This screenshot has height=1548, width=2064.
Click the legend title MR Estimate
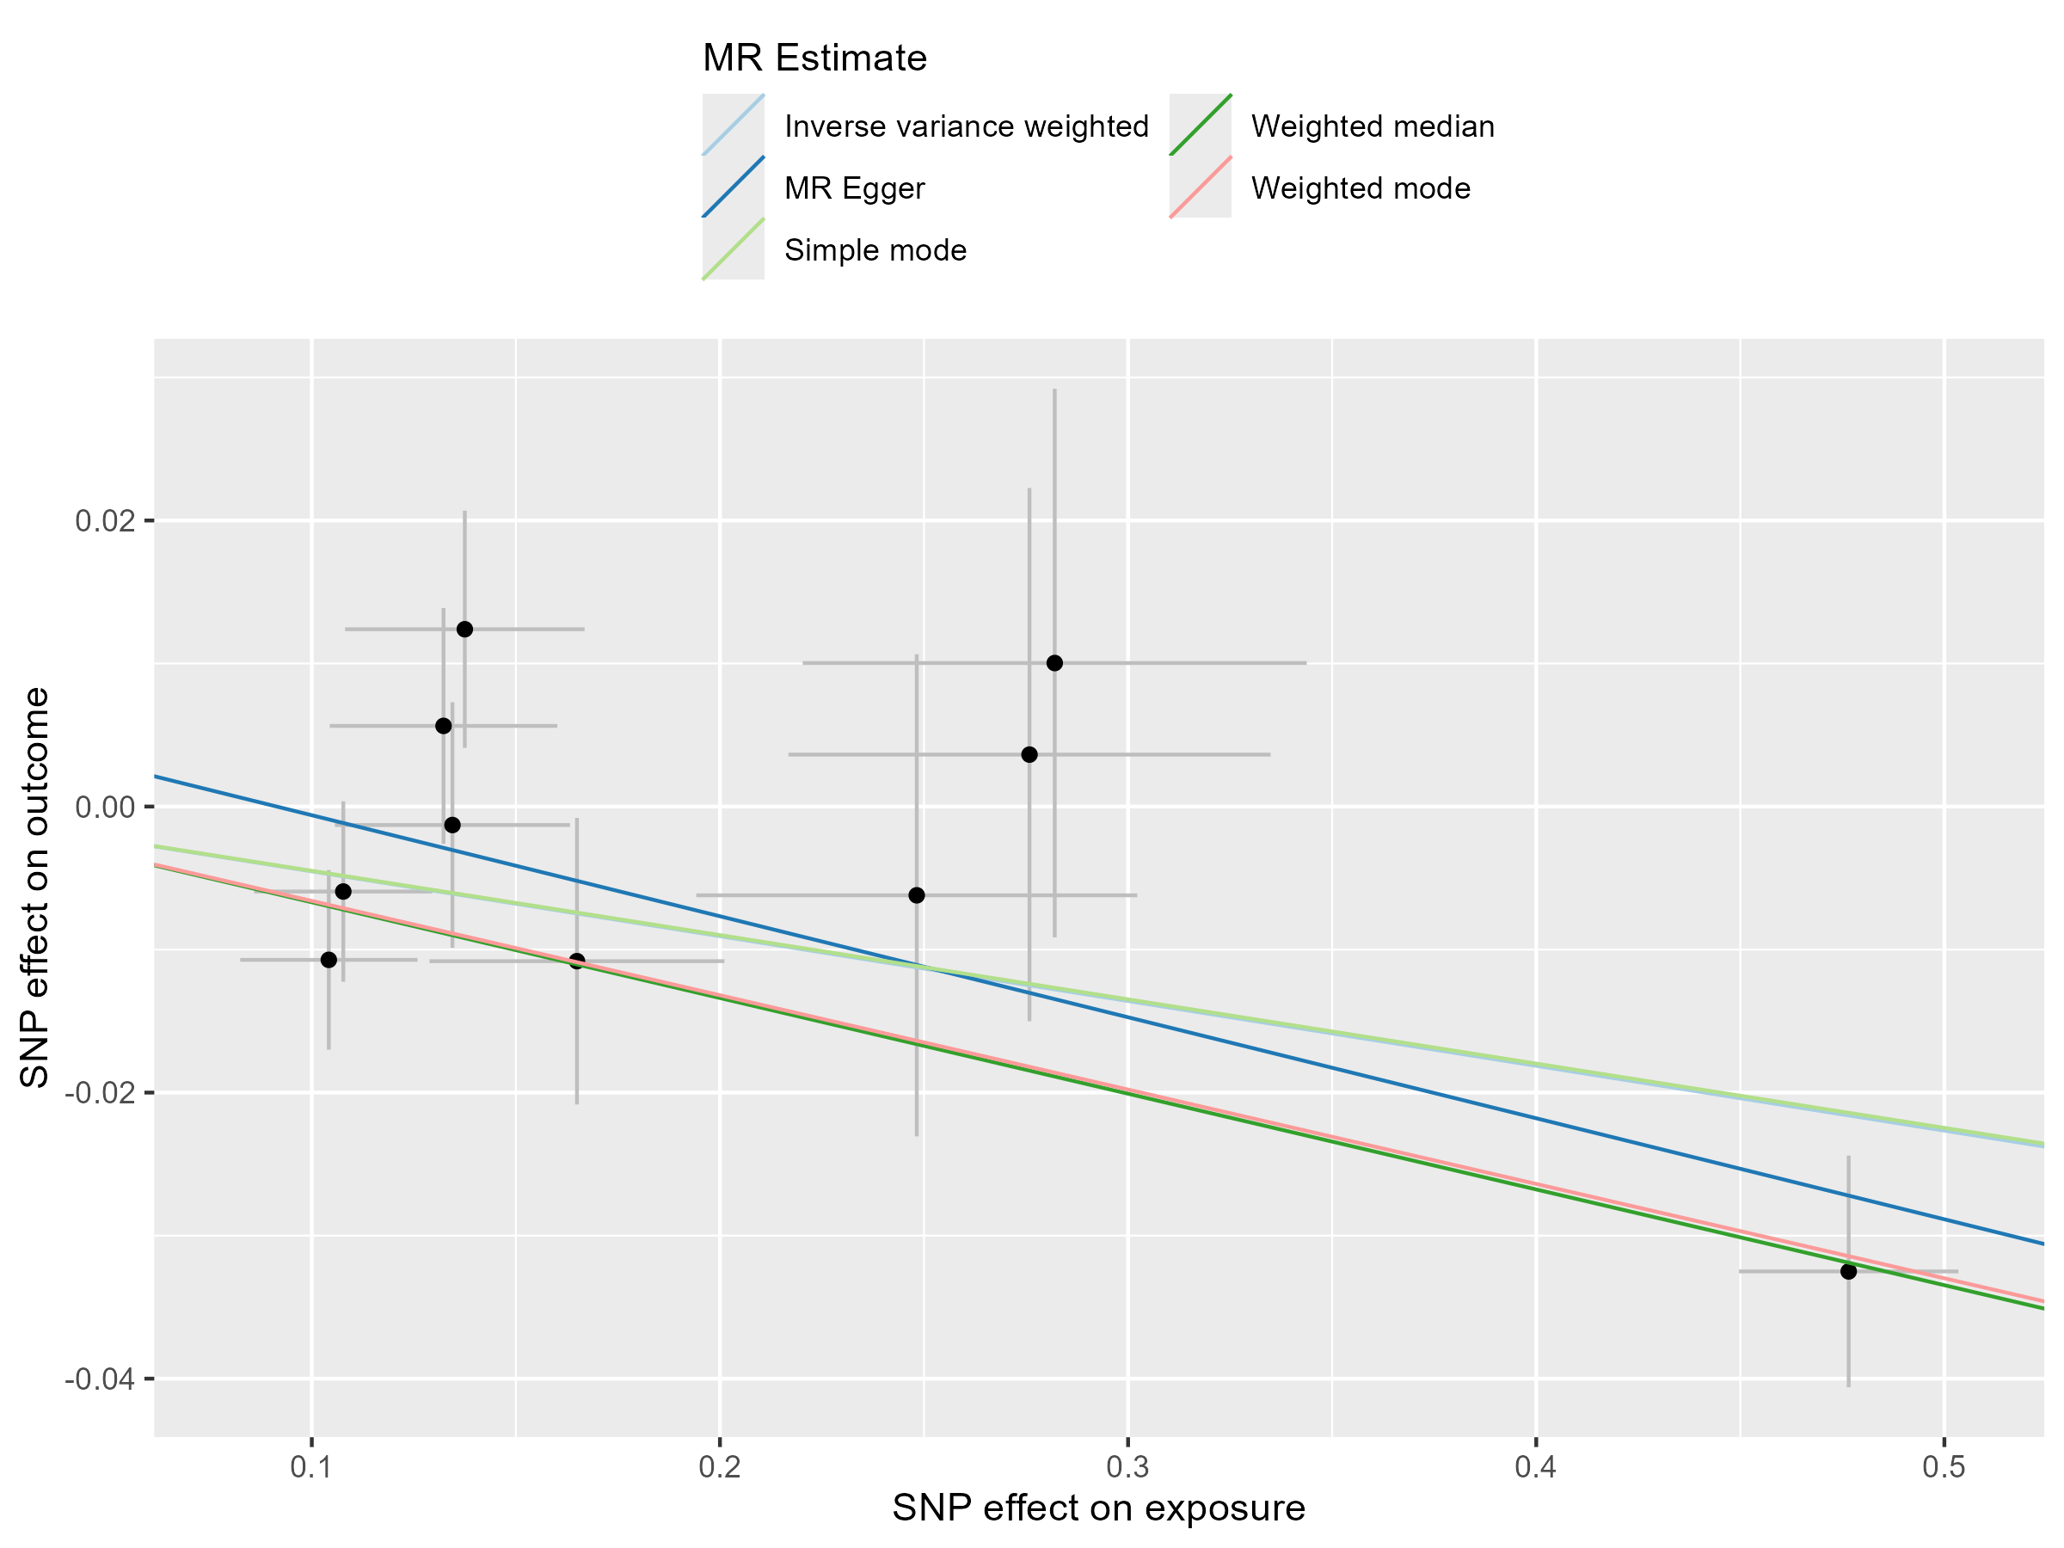pyautogui.click(x=814, y=58)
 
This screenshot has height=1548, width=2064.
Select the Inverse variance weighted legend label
pyautogui.click(x=966, y=126)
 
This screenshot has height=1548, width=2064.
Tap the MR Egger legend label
pyautogui.click(x=855, y=187)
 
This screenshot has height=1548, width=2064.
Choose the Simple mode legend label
pyautogui.click(x=875, y=250)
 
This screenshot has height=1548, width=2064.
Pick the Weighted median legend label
pyautogui.click(x=1373, y=126)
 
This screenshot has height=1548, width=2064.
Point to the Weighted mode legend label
pyautogui.click(x=1361, y=187)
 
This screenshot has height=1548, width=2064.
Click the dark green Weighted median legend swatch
pyautogui.click(x=1200, y=125)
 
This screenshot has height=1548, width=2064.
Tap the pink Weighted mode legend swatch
pyautogui.click(x=1200, y=187)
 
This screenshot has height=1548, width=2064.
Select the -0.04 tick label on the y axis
pyautogui.click(x=101, y=1379)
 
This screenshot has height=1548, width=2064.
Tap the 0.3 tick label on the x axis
pyautogui.click(x=1128, y=1468)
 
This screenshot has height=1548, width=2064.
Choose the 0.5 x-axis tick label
pyautogui.click(x=1944, y=1468)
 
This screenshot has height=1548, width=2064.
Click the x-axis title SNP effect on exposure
pyautogui.click(x=1098, y=1508)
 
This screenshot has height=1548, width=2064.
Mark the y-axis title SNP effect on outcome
pyautogui.click(x=34, y=888)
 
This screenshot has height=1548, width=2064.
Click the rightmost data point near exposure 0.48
pyautogui.click(x=1848, y=1271)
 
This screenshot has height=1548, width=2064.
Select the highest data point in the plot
pyautogui.click(x=464, y=629)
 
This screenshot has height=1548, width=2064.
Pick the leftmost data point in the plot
pyautogui.click(x=329, y=959)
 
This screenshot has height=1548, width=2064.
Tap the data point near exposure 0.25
pyautogui.click(x=916, y=895)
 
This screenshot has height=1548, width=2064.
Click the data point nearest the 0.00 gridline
pyautogui.click(x=452, y=825)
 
